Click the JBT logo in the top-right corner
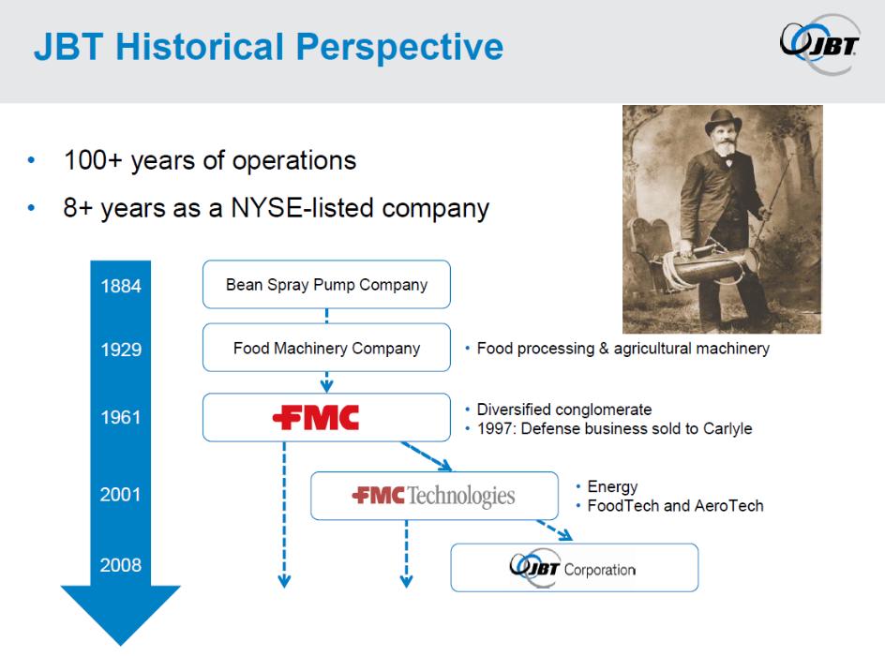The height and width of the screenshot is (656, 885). pos(820,44)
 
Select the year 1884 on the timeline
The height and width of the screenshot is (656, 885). pos(121,286)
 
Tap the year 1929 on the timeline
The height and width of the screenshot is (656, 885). pos(121,350)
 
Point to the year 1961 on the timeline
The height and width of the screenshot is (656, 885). pos(120,417)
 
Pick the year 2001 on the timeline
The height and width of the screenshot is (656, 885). pos(120,494)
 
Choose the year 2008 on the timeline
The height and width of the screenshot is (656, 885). pos(120,564)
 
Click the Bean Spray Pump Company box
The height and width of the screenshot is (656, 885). pos(326,284)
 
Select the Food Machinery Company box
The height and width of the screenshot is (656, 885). pos(326,348)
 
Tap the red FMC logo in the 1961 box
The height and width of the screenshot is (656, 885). pos(316,417)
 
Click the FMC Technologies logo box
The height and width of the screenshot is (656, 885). pos(434,496)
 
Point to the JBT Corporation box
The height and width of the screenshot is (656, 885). pos(574,568)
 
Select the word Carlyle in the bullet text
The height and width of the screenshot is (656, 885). pos(727,428)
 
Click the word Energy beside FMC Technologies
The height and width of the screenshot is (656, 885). pos(612,486)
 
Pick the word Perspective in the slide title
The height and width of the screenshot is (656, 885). pos(399,47)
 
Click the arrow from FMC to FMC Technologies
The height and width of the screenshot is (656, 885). pos(427,456)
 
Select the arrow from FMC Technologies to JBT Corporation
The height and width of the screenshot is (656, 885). pos(555,530)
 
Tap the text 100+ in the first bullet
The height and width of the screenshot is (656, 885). pos(93,159)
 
